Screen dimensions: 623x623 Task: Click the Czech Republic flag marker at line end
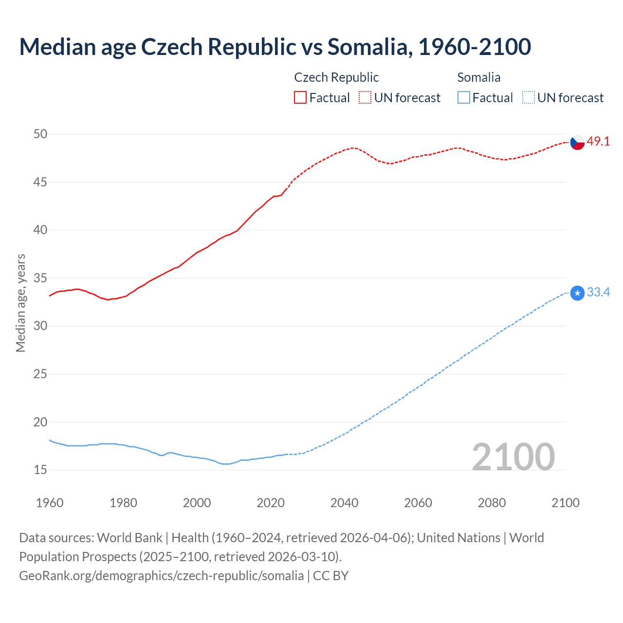pyautogui.click(x=577, y=142)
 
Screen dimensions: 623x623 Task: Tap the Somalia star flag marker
pyautogui.click(x=577, y=293)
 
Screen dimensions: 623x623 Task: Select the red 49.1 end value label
pyautogui.click(x=598, y=142)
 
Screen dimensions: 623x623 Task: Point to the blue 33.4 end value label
pyautogui.click(x=598, y=293)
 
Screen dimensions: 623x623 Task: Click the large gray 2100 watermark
pyautogui.click(x=513, y=457)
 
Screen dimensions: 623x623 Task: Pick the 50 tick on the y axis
pyautogui.click(x=40, y=134)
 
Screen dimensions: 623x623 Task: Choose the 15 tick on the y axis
pyautogui.click(x=40, y=470)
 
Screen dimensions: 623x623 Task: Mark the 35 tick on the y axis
pyautogui.click(x=40, y=278)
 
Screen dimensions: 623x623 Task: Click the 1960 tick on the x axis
pyautogui.click(x=50, y=503)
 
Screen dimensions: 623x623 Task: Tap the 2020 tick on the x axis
pyautogui.click(x=271, y=503)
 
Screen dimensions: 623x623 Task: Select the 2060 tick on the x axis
pyautogui.click(x=418, y=503)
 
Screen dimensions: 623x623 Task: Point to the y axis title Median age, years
pyautogui.click(x=20, y=303)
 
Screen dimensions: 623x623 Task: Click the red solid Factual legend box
pyautogui.click(x=300, y=98)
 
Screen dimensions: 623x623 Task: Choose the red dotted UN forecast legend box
pyautogui.click(x=365, y=98)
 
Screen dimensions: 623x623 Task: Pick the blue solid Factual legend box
pyautogui.click(x=464, y=98)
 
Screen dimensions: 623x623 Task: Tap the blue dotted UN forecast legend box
pyautogui.click(x=529, y=98)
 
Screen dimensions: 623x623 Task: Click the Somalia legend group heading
pyautogui.click(x=479, y=77)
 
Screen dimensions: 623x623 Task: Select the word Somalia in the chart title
pyautogui.click(x=367, y=47)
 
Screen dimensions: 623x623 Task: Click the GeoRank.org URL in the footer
pyautogui.click(x=161, y=576)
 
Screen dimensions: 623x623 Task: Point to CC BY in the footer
pyautogui.click(x=330, y=576)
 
